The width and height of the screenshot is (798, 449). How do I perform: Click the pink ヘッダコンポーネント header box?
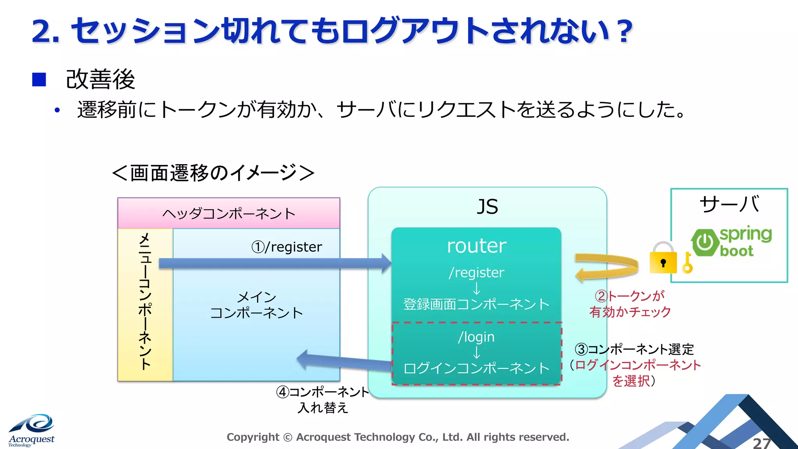229,213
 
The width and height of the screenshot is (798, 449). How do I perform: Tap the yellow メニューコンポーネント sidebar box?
145,304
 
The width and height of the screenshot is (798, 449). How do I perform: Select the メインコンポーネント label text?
256,305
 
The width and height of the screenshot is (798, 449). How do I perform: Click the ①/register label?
287,247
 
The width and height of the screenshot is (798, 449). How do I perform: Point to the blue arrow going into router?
273,263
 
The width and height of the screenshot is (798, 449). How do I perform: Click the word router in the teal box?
476,246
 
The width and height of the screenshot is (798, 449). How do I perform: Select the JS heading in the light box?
487,207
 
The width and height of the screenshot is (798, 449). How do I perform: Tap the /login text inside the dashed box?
476,337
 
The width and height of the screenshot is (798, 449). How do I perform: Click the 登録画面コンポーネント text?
476,304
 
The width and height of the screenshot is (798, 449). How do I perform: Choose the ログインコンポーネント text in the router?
476,368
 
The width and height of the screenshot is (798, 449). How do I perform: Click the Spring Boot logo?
731,242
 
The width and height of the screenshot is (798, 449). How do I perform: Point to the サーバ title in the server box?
729,204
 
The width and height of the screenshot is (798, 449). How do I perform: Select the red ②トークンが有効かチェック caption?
630,304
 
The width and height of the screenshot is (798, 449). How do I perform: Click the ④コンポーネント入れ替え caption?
323,400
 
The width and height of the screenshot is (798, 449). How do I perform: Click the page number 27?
762,443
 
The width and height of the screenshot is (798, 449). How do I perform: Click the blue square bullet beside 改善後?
39,80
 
